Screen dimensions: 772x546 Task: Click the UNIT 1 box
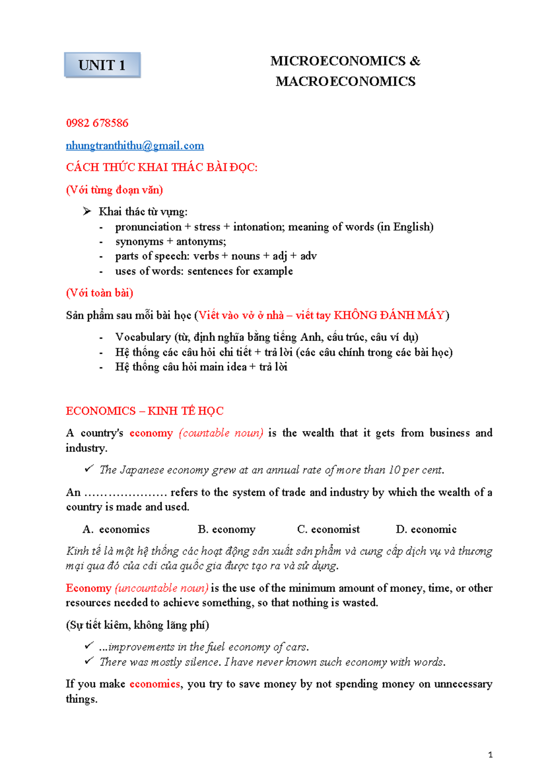pyautogui.click(x=102, y=65)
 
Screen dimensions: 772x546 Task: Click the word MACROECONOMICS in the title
pyautogui.click(x=345, y=81)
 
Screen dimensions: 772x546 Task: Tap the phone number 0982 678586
pyautogui.click(x=97, y=123)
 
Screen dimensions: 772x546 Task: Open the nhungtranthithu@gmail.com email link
pyautogui.click(x=135, y=146)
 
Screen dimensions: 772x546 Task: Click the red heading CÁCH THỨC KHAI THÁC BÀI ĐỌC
pyautogui.click(x=162, y=168)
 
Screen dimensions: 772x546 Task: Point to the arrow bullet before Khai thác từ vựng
pyautogui.click(x=87, y=211)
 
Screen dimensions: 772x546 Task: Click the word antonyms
pyautogui.click(x=201, y=242)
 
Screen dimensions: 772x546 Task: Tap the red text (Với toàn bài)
pyautogui.click(x=99, y=293)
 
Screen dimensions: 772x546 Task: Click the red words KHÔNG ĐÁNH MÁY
pyautogui.click(x=389, y=315)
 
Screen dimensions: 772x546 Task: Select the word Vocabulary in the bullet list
pyautogui.click(x=143, y=337)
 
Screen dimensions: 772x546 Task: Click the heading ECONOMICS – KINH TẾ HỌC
pyautogui.click(x=144, y=411)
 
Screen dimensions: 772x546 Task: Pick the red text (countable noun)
pyautogui.click(x=221, y=433)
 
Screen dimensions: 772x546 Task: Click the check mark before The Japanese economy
pyautogui.click(x=89, y=468)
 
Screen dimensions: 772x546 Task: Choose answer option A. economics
pyautogui.click(x=116, y=529)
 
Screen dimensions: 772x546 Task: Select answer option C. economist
pyautogui.click(x=328, y=529)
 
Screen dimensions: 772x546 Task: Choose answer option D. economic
pyautogui.click(x=426, y=529)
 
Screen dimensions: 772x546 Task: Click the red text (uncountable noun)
pyautogui.click(x=162, y=588)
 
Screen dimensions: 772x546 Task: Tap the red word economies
pyautogui.click(x=155, y=684)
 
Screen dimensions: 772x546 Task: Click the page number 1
pyautogui.click(x=490, y=755)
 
